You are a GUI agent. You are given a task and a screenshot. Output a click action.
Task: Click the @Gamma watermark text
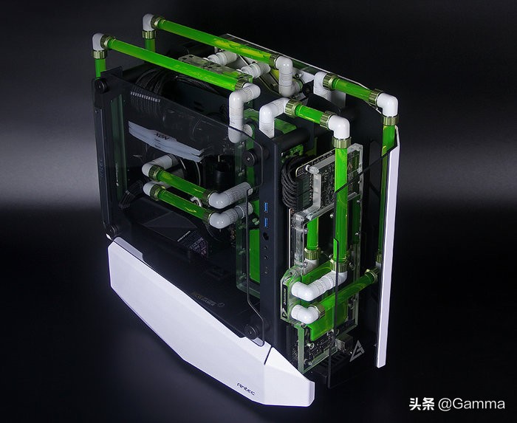pyautogui.click(x=471, y=404)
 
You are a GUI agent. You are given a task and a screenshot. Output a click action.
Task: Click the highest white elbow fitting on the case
pyautogui.click(x=150, y=22)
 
